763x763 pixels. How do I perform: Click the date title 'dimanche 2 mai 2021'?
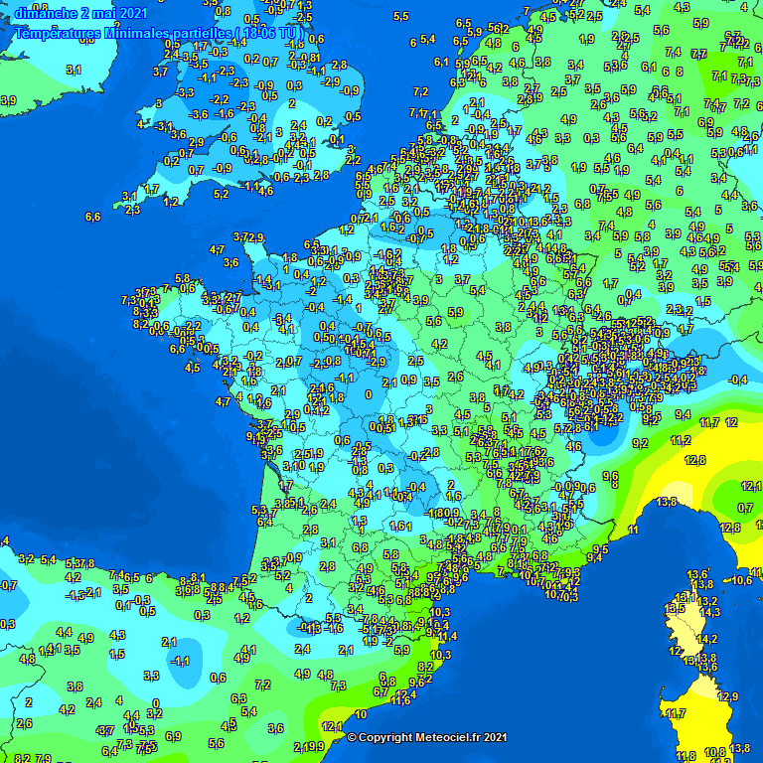[80, 13]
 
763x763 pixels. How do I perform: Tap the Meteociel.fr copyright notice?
[427, 737]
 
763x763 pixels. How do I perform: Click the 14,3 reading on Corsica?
[709, 613]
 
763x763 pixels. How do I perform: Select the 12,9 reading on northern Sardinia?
[728, 696]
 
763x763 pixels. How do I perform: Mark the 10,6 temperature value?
[741, 581]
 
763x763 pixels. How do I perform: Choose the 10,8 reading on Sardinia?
[714, 752]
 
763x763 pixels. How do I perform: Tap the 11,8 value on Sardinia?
[686, 756]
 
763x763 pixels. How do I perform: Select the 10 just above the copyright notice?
[361, 714]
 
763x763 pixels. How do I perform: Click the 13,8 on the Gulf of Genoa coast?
[666, 502]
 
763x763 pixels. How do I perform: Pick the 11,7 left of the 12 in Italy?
[709, 423]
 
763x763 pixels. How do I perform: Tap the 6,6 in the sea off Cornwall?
[93, 217]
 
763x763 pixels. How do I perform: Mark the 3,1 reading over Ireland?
[74, 70]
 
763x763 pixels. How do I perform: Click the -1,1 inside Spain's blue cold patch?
[181, 661]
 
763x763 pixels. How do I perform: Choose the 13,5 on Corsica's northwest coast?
[675, 607]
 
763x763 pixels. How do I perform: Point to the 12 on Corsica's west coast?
[676, 652]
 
